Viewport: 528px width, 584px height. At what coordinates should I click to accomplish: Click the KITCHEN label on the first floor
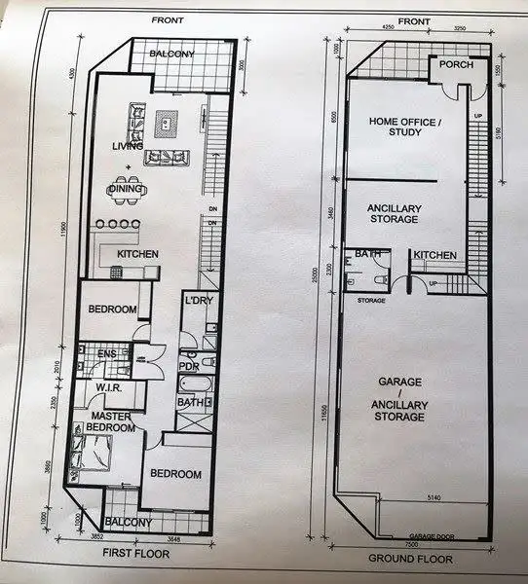coord(137,255)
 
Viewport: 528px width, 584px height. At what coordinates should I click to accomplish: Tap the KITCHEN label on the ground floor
coord(434,255)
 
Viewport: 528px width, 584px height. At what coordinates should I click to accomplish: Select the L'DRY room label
coord(198,301)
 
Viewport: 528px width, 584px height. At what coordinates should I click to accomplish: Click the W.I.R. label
coord(107,387)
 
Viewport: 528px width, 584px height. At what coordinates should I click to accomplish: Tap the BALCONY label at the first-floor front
coord(171,54)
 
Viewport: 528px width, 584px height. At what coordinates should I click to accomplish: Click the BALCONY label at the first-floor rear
coord(129,523)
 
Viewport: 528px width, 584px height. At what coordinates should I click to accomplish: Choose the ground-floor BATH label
coord(368,254)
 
